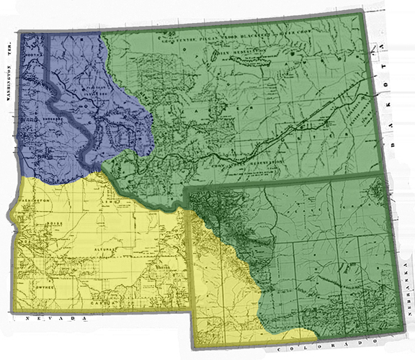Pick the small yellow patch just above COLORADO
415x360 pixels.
306,334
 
